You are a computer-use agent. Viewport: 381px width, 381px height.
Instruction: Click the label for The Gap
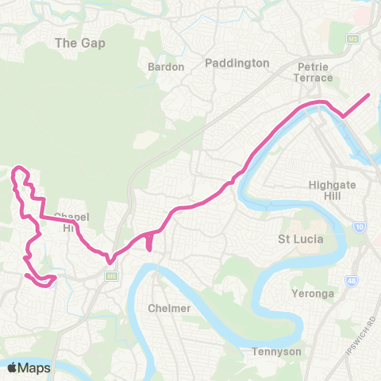coord(79,43)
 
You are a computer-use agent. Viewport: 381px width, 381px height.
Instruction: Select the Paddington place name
coord(237,63)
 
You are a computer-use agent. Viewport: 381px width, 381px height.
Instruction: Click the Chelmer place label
coord(169,308)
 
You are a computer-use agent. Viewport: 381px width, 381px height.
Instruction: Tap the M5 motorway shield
coord(110,275)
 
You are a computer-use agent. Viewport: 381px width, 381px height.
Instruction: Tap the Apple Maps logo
coord(29,368)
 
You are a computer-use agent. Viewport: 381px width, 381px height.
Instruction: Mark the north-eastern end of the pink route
coord(369,95)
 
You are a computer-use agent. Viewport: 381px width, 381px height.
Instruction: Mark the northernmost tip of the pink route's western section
coord(19,168)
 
